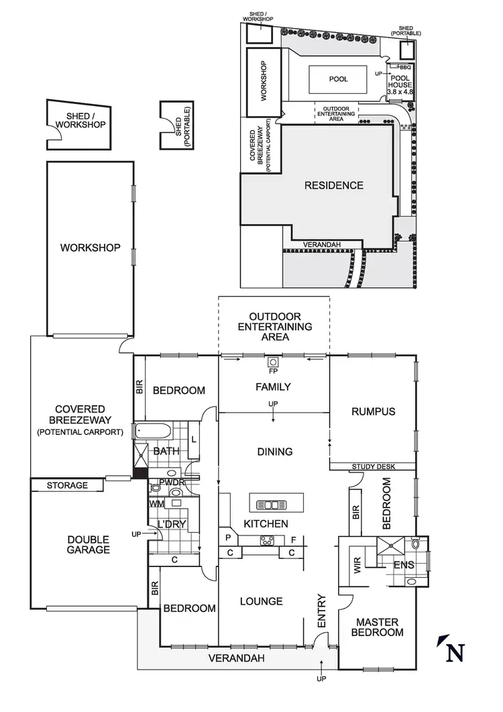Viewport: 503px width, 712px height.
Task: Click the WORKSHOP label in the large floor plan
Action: pyautogui.click(x=91, y=248)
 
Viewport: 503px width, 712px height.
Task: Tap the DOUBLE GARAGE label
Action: pyautogui.click(x=89, y=544)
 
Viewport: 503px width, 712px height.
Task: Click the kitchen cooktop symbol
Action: pyautogui.click(x=266, y=541)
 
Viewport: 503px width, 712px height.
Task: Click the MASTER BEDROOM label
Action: pyautogui.click(x=380, y=627)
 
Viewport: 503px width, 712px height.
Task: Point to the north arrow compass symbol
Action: pyautogui.click(x=452, y=650)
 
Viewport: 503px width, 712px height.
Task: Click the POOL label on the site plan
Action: pyautogui.click(x=339, y=79)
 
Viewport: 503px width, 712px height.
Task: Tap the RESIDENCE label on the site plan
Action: pyautogui.click(x=334, y=185)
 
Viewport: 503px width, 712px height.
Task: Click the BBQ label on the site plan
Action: pyautogui.click(x=404, y=67)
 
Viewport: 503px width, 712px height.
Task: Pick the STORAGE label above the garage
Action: pyautogui.click(x=67, y=485)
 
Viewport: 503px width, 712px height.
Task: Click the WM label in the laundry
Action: pyautogui.click(x=156, y=503)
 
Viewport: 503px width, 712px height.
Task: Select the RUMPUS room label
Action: pyautogui.click(x=373, y=411)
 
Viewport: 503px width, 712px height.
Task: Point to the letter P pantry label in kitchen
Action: pyautogui.click(x=228, y=539)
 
